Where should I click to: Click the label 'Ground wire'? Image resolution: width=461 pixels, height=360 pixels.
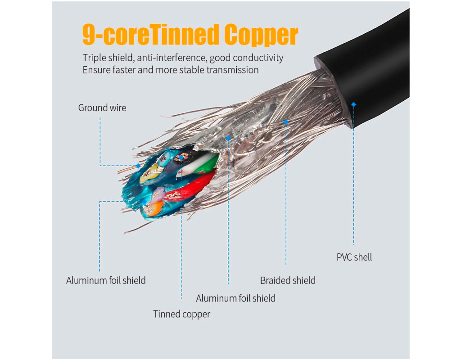[x=102, y=108]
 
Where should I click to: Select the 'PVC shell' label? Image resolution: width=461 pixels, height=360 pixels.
[x=354, y=257]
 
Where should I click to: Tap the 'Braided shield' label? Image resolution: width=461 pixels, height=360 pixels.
[x=288, y=280]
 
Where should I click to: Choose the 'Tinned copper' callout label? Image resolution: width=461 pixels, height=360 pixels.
[x=181, y=314]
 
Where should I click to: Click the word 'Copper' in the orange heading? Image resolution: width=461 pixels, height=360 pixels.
[x=261, y=34]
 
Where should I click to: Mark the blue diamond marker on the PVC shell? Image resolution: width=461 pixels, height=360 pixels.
[x=354, y=104]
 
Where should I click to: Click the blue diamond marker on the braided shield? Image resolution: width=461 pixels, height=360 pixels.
[x=285, y=122]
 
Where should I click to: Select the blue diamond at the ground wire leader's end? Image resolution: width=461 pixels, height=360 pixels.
[x=138, y=166]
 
